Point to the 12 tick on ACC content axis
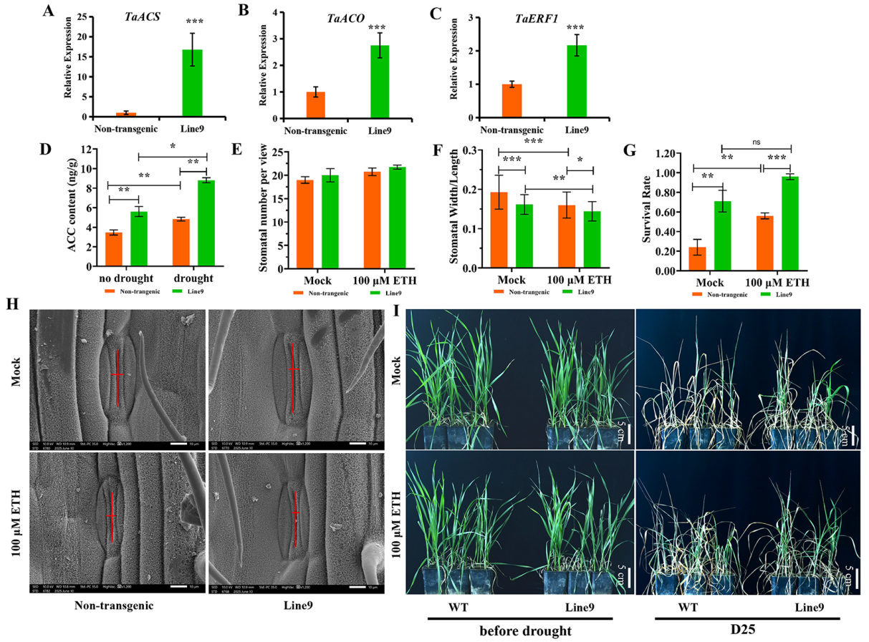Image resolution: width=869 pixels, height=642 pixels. pyautogui.click(x=92, y=150)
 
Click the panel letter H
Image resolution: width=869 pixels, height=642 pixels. pyautogui.click(x=12, y=304)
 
